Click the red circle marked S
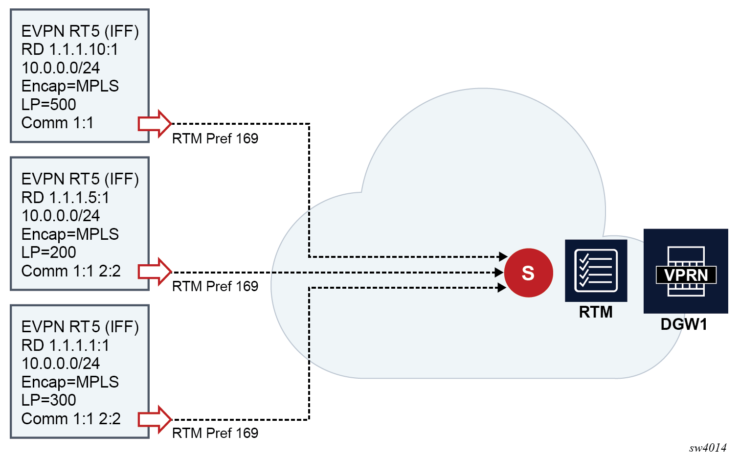(529, 273)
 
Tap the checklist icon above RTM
(596, 271)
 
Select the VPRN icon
(686, 271)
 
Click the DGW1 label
(684, 324)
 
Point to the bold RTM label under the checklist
(596, 312)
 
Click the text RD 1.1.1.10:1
(69, 49)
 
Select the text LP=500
(48, 104)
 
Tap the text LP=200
(48, 252)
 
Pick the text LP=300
(48, 400)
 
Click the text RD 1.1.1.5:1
(65, 198)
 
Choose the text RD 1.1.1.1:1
(65, 345)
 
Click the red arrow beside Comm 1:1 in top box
(155, 124)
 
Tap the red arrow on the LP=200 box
(155, 272)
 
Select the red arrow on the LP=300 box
(155, 419)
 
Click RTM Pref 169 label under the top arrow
(215, 138)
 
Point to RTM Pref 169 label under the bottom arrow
(215, 433)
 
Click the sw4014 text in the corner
(708, 448)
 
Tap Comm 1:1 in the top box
(57, 123)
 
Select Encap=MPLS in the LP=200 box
(70, 234)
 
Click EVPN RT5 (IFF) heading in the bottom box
(80, 327)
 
